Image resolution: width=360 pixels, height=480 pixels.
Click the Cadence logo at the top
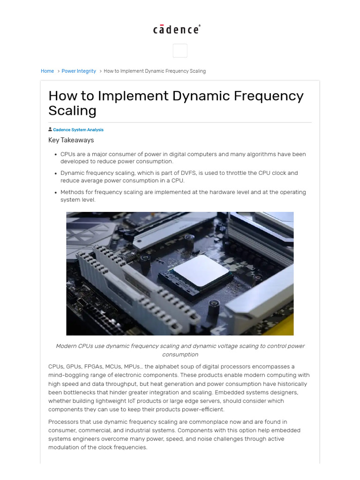(x=177, y=30)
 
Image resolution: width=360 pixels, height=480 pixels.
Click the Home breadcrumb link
(x=47, y=71)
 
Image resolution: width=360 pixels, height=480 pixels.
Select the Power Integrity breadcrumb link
(x=79, y=71)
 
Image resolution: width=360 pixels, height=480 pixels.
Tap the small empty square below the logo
(x=180, y=51)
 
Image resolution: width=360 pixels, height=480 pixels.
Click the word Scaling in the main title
(x=72, y=111)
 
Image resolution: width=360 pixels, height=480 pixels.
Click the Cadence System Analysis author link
(x=78, y=130)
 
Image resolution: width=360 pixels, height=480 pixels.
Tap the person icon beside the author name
(x=50, y=129)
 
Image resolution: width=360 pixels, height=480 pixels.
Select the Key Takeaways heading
(x=71, y=140)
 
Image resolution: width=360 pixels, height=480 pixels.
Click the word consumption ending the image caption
(x=180, y=354)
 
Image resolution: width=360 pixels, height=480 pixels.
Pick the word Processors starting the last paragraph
(x=64, y=422)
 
